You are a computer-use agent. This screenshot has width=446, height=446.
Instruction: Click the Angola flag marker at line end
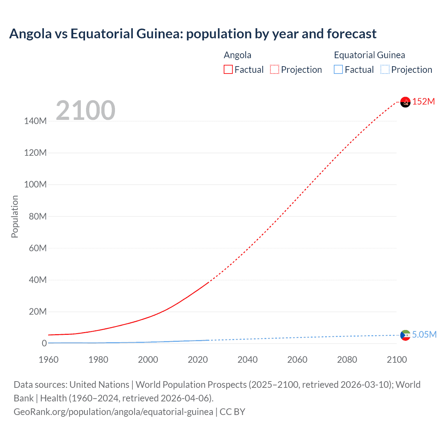(x=405, y=102)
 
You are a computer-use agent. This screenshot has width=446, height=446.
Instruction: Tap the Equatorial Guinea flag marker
(x=405, y=335)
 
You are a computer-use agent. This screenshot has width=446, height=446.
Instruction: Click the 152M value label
(x=423, y=101)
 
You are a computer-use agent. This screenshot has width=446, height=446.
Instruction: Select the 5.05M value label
(x=424, y=334)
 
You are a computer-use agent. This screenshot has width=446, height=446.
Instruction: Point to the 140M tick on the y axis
(x=35, y=121)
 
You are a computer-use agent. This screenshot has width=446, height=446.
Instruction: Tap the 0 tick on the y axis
(x=44, y=343)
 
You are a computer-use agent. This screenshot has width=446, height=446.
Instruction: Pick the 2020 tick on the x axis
(x=198, y=360)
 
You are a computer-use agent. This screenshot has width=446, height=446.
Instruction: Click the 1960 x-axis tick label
(x=48, y=360)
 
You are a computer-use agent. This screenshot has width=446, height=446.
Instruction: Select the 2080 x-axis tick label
(x=347, y=360)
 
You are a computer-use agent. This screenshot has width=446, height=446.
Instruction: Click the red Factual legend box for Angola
(x=228, y=70)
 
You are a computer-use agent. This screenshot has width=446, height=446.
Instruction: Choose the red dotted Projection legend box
(x=275, y=70)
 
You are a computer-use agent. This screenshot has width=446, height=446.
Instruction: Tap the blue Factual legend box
(x=338, y=70)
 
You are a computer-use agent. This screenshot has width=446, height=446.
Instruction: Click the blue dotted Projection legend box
(x=385, y=70)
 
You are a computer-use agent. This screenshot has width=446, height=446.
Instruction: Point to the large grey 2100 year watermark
(x=85, y=110)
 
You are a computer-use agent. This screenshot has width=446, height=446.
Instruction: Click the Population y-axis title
(x=15, y=216)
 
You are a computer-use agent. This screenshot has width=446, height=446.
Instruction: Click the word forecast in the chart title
(x=352, y=34)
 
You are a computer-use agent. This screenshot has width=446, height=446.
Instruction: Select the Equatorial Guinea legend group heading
(x=369, y=55)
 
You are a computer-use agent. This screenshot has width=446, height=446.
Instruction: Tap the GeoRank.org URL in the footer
(x=113, y=412)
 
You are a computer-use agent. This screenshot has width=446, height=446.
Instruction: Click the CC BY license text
(x=232, y=412)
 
